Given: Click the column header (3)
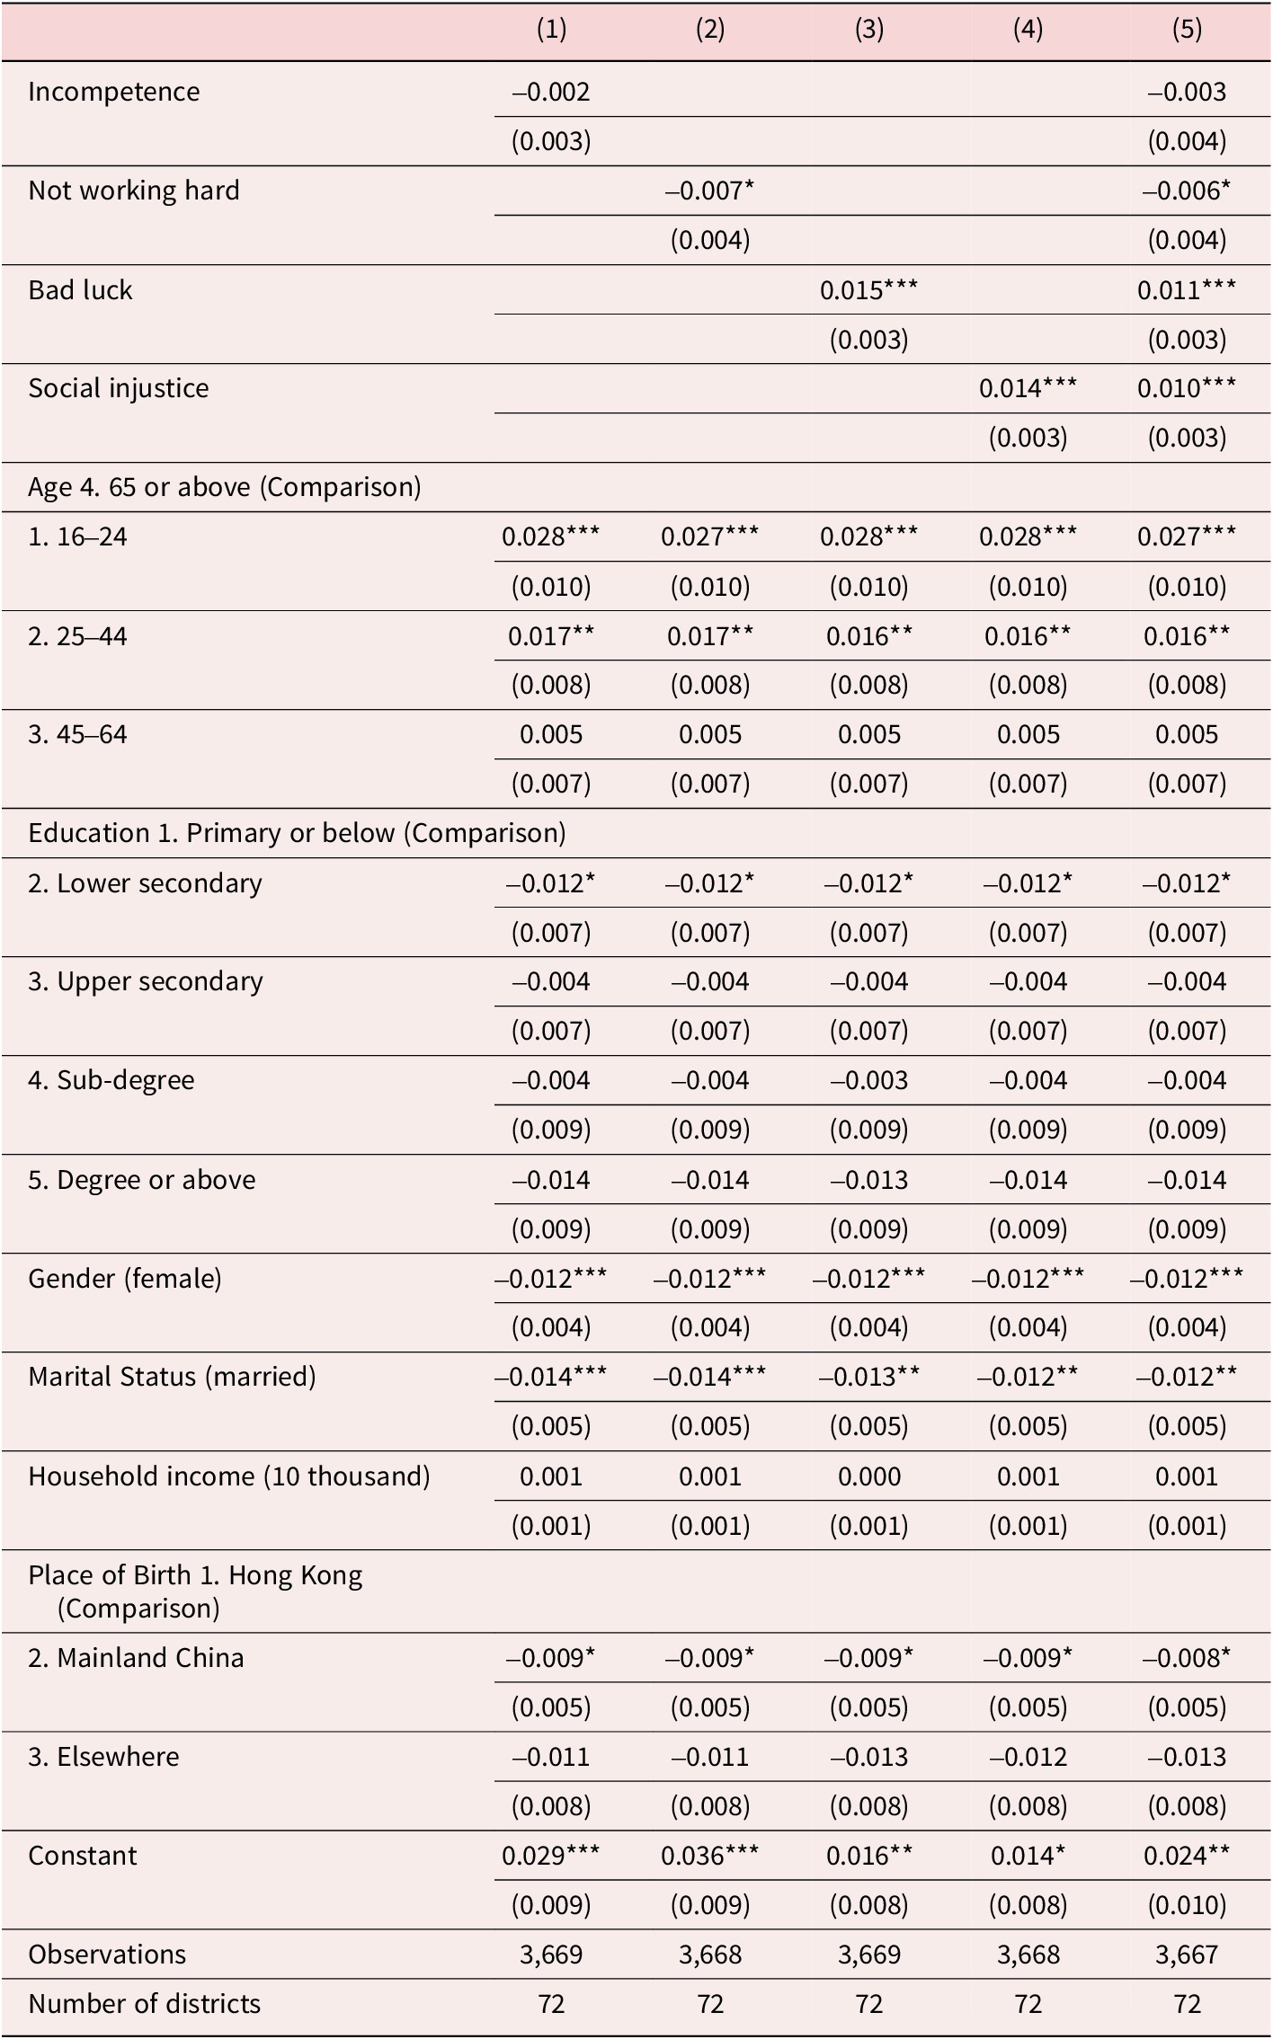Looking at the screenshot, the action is (x=868, y=30).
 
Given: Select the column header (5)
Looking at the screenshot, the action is (x=1187, y=30).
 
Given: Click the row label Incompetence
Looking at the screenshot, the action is (x=114, y=92).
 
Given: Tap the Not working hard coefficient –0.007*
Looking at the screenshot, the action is (x=709, y=191).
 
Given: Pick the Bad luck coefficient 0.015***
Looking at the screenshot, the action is (x=868, y=289).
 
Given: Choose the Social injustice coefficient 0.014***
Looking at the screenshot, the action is (x=1028, y=388).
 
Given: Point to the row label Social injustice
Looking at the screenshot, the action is (x=119, y=388).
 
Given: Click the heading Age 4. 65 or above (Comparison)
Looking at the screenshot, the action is (x=225, y=487).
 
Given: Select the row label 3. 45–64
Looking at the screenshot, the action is (x=78, y=734).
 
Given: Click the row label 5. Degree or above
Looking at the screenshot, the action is (x=142, y=1179).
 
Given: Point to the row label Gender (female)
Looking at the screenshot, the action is (x=125, y=1278).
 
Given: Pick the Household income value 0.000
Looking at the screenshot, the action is (x=868, y=1476).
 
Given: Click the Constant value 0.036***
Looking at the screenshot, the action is (x=709, y=1855).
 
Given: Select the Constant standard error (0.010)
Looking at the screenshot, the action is (x=1187, y=1905).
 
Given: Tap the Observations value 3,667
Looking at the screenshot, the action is (x=1187, y=1955).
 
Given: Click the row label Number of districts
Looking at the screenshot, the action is (x=145, y=2004).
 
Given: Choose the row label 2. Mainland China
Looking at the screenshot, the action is (x=137, y=1657).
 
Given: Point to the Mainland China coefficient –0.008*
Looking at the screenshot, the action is (x=1187, y=1657).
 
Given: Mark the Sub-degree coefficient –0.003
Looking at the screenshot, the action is (x=868, y=1080).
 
